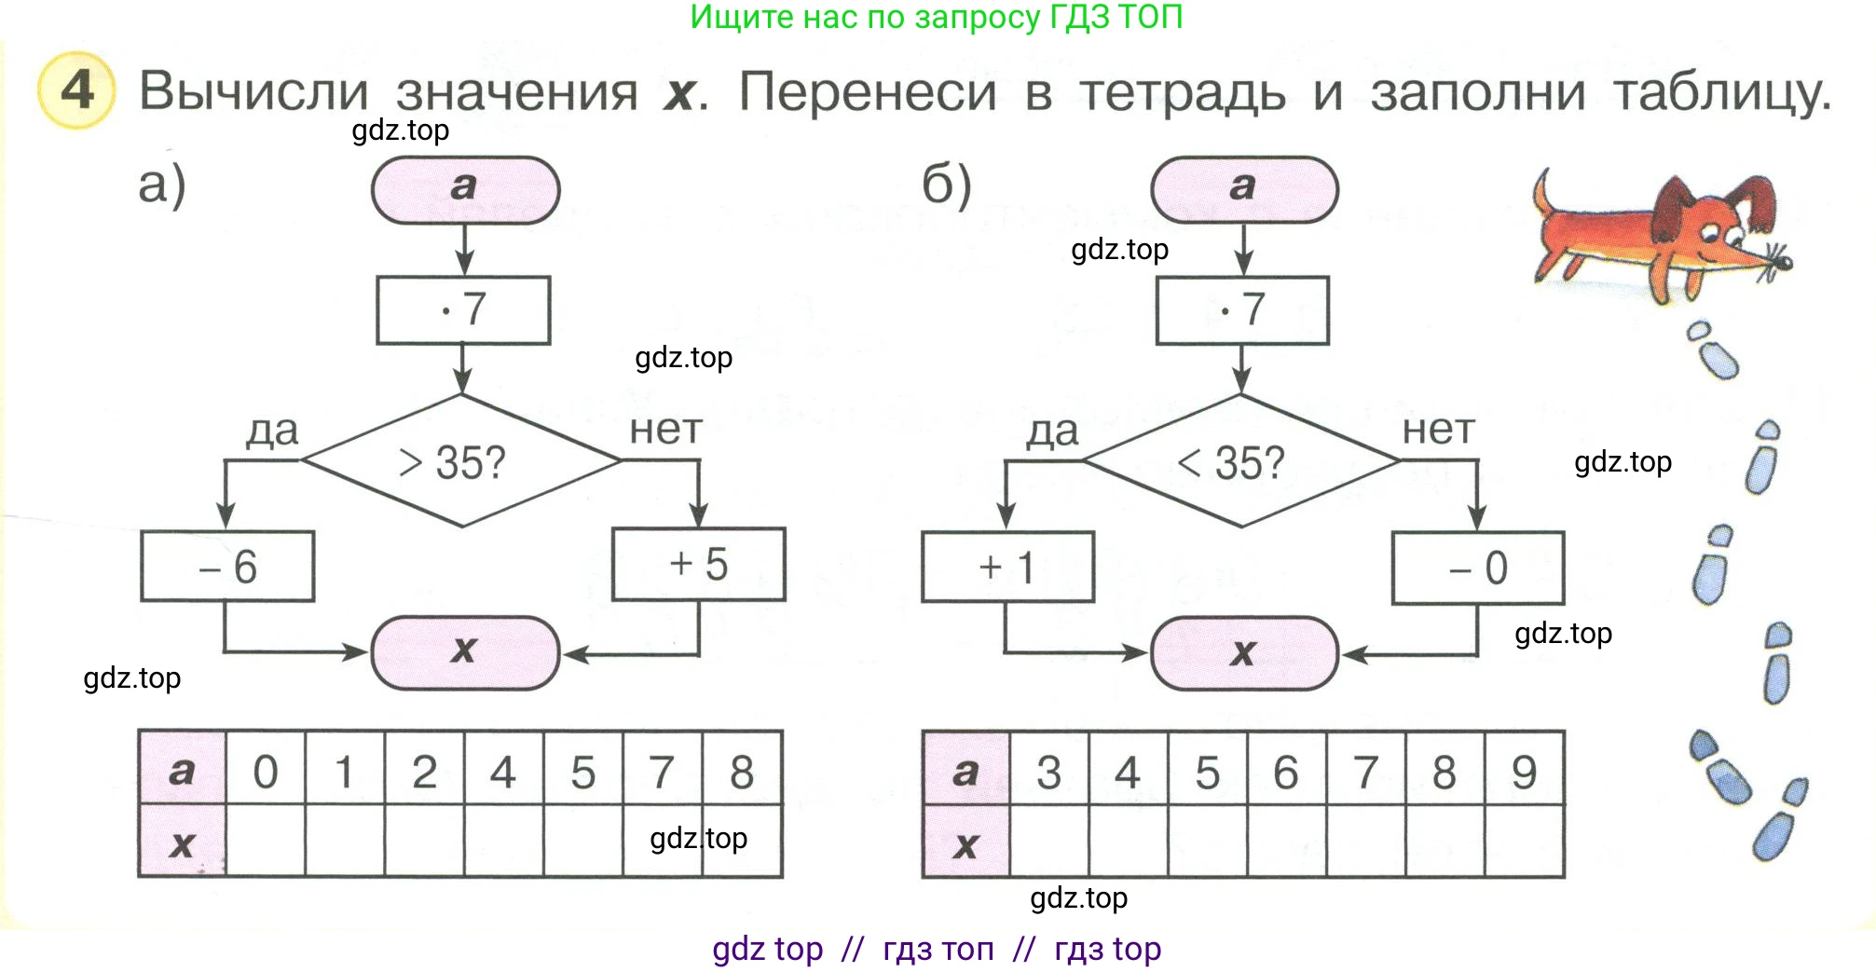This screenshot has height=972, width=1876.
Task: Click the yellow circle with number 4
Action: point(76,90)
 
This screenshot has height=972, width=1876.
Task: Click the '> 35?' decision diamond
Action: point(461,461)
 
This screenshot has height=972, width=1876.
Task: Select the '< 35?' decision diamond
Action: point(1240,461)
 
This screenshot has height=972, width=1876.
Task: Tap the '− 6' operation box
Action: point(227,567)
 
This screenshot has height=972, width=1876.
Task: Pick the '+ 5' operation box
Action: point(699,565)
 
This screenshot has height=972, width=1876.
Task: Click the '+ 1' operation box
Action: point(1007,567)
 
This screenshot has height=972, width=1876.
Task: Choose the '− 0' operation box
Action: point(1478,568)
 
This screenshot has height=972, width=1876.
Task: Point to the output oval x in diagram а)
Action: point(465,652)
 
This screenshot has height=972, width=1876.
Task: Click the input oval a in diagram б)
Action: point(1244,189)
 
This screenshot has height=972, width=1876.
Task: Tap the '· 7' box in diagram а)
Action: point(463,309)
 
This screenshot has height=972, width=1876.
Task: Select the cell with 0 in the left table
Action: point(266,770)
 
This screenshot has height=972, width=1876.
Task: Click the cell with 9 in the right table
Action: point(1525,770)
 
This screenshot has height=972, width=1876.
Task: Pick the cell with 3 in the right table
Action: point(1049,770)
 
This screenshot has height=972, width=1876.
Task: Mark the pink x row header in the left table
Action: point(182,842)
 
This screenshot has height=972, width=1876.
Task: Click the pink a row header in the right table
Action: point(965,770)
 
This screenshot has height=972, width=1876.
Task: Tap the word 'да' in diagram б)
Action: point(1052,431)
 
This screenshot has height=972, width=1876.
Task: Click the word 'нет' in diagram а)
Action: point(665,430)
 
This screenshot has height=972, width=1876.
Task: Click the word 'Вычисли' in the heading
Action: point(253,91)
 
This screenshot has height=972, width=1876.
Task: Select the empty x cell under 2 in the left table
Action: point(424,842)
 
